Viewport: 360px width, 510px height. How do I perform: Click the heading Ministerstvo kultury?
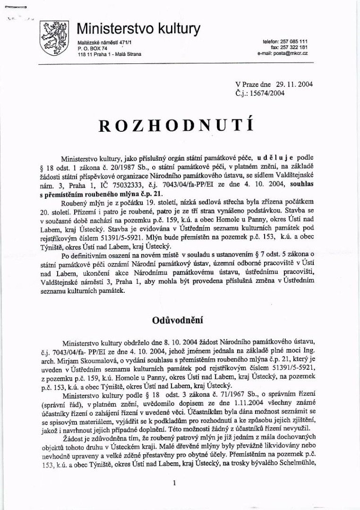coord(138,29)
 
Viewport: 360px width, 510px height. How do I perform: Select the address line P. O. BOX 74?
coord(93,48)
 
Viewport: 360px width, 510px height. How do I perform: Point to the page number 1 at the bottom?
coord(174,483)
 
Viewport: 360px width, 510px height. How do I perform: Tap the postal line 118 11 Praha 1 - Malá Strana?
coord(110,54)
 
